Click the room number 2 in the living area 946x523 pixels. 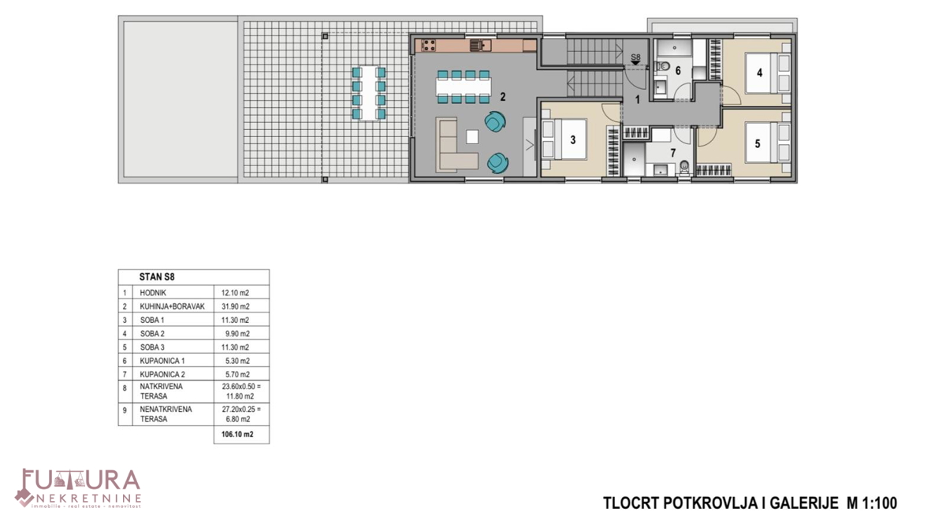pos(502,97)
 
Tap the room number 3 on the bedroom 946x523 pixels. pos(573,140)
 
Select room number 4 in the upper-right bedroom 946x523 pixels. pos(759,73)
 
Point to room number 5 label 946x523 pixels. pos(758,144)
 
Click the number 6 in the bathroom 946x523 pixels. pos(678,71)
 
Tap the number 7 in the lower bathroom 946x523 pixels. pos(672,152)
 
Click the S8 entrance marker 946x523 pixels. pos(635,58)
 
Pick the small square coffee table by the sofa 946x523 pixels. pos(472,137)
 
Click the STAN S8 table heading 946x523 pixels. pos(157,277)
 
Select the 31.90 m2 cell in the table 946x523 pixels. pos(235,306)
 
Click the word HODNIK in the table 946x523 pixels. pos(153,292)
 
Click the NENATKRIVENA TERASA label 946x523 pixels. pos(166,414)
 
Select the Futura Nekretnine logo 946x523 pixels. pos(79,488)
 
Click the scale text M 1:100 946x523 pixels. pos(872,503)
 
